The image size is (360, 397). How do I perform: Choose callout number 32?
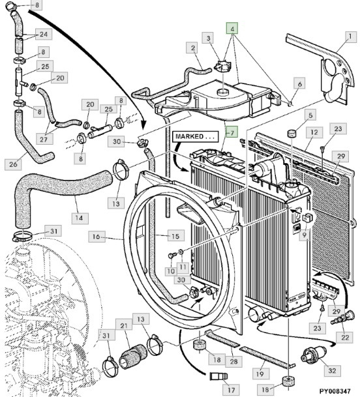pos(332,370)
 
